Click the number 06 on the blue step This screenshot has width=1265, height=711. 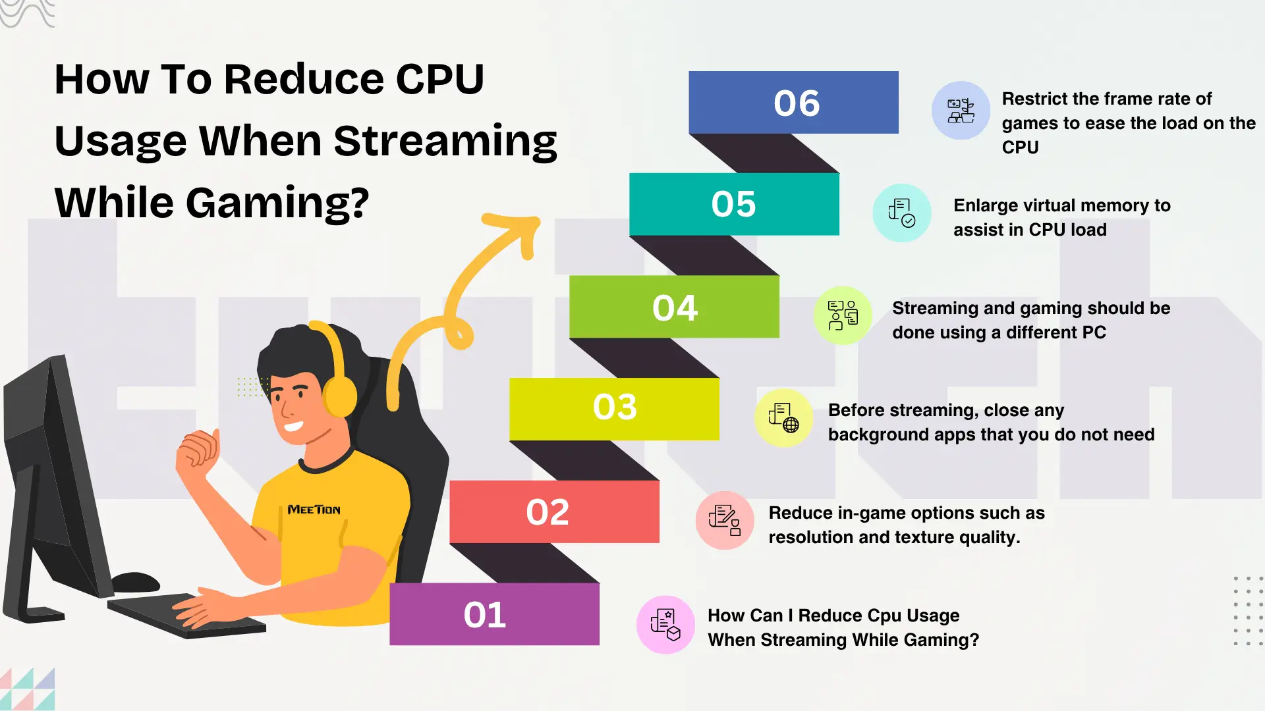797,103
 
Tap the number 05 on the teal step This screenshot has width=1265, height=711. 733,204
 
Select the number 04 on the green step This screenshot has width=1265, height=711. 675,307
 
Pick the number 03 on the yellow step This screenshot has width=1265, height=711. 615,407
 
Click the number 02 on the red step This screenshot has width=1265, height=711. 548,512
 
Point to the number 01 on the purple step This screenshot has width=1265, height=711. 485,615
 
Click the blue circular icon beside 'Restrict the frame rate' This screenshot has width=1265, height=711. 961,111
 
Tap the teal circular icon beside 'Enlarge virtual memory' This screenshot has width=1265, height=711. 902,213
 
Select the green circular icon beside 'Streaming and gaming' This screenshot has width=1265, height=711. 843,315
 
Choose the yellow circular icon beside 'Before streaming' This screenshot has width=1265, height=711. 783,418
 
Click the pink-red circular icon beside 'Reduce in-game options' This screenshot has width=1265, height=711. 725,520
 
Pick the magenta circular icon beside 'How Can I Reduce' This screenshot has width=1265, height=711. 665,625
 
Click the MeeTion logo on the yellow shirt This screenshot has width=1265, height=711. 314,510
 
